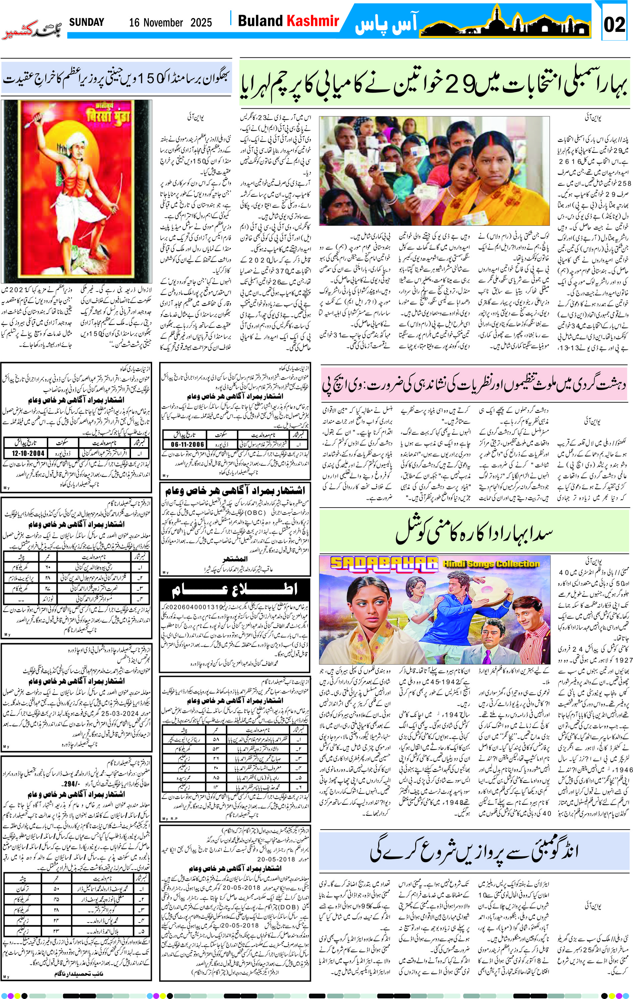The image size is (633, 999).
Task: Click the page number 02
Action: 614,24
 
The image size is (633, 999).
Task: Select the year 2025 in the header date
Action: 201,22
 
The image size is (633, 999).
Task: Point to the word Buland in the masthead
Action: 260,21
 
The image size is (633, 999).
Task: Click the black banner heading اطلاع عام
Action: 235,589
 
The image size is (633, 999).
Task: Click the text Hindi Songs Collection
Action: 491,564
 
